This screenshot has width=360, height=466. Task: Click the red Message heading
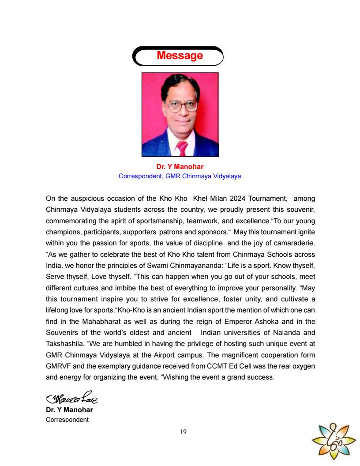coord(180,56)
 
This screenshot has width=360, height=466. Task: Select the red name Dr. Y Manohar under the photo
coord(180,167)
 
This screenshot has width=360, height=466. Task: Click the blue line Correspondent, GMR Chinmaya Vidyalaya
coord(180,176)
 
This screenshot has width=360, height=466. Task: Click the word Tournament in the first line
coord(268,199)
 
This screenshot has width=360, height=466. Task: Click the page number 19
coord(183,432)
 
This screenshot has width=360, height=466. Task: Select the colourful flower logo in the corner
coord(334,439)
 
